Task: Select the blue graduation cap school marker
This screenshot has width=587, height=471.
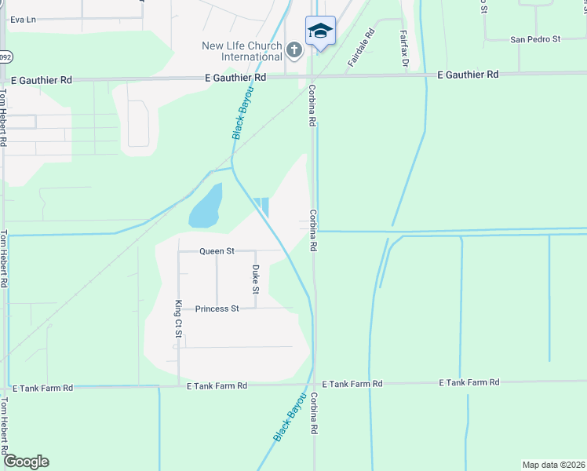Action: tap(319, 31)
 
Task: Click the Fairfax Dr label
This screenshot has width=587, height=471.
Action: tap(403, 49)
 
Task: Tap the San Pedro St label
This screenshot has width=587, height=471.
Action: tap(534, 38)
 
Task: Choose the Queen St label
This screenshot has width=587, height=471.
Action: tap(217, 251)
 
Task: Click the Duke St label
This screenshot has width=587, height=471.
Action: tap(255, 279)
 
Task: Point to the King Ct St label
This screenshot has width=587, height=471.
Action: tap(179, 319)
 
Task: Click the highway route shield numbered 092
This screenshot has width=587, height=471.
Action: tap(5, 57)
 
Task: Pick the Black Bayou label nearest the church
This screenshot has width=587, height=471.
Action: tap(243, 114)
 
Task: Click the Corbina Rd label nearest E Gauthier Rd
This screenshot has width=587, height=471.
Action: tap(312, 105)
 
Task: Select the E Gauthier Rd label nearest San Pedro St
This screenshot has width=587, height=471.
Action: tap(468, 74)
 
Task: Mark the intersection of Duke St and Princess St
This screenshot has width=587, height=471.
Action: tap(255, 308)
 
